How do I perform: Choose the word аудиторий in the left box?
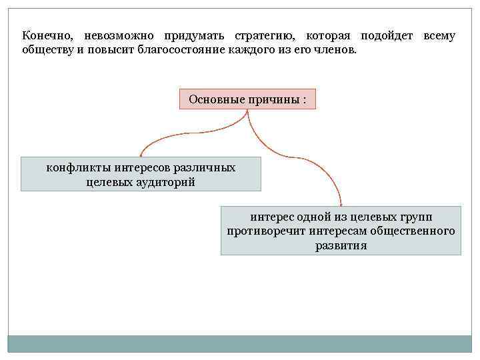tap(168, 182)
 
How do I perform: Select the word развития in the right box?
tap(341, 246)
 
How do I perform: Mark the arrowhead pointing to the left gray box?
tap(140, 154)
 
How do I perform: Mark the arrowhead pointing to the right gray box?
tap(341, 203)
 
